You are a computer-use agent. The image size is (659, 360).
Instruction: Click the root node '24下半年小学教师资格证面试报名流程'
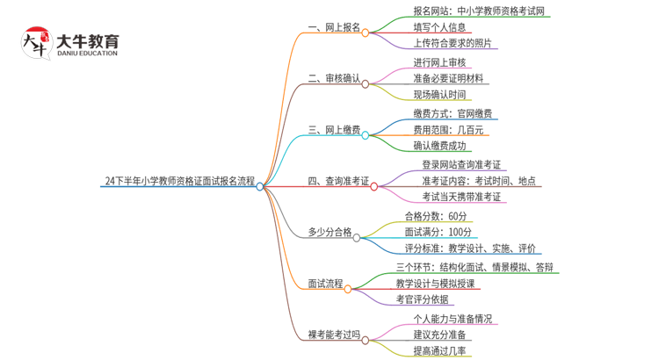click(179, 182)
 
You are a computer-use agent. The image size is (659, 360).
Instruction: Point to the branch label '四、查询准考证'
click(338, 182)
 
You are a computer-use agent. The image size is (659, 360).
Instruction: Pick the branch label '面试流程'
click(325, 284)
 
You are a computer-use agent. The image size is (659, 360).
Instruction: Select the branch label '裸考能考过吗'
click(334, 335)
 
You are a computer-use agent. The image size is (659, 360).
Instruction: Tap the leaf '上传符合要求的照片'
click(452, 44)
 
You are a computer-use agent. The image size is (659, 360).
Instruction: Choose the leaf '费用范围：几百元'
click(448, 130)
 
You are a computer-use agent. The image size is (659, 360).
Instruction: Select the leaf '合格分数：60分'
click(436, 216)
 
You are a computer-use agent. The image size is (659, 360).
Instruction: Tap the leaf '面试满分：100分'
click(438, 233)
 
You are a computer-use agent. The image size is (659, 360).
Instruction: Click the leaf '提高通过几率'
click(439, 351)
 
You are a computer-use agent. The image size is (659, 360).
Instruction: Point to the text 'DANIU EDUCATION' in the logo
click(86, 54)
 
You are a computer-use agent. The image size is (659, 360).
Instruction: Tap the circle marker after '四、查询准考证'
click(374, 186)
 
